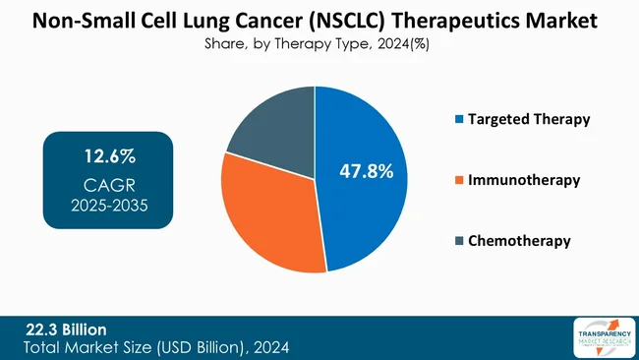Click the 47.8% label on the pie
[366, 171]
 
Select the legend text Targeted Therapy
[529, 120]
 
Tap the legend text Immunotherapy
[525, 181]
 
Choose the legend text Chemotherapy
[520, 241]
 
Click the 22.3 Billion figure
[66, 329]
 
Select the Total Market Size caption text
[157, 348]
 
